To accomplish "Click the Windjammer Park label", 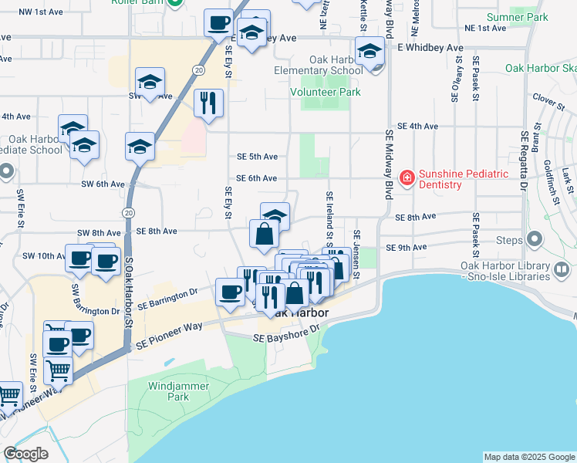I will pyautogui.click(x=168, y=391).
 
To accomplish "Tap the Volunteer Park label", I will pyautogui.click(x=325, y=92).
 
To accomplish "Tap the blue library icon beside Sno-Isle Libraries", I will pyautogui.click(x=562, y=270).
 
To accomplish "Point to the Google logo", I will pyautogui.click(x=26, y=454).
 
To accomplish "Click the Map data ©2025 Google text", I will pyautogui.click(x=529, y=457).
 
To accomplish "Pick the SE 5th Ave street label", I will pyautogui.click(x=257, y=156).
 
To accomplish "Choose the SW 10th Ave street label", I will pyautogui.click(x=42, y=255).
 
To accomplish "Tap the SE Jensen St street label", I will pyautogui.click(x=356, y=254).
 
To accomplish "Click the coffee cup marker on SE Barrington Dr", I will pyautogui.click(x=230, y=292).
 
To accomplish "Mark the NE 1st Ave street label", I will pyautogui.click(x=485, y=28).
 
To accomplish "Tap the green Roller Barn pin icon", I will pyautogui.click(x=175, y=2).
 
